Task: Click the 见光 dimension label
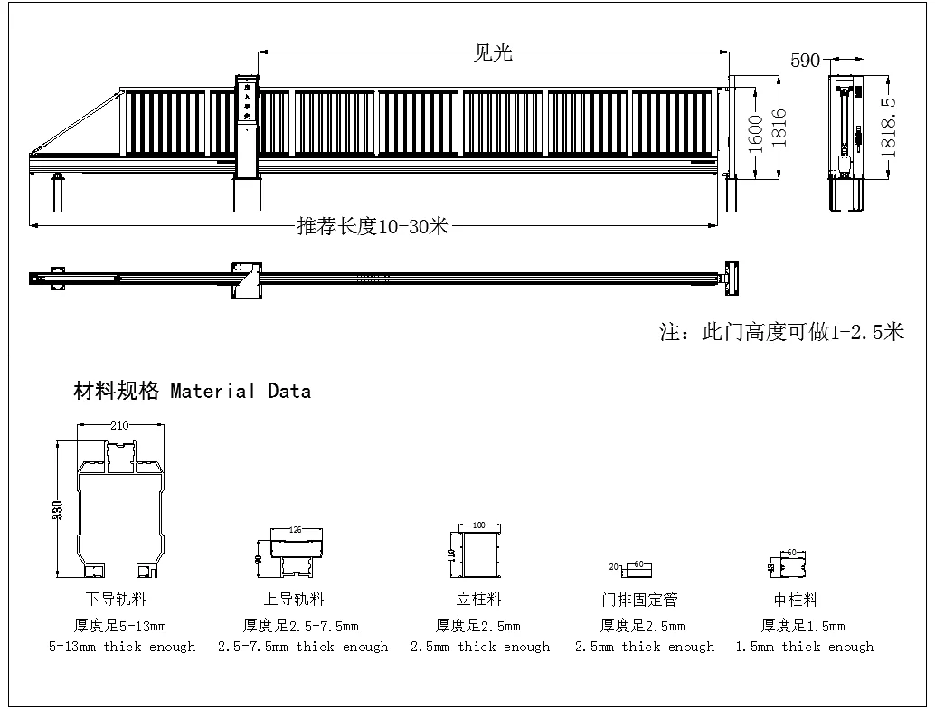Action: pyautogui.click(x=493, y=52)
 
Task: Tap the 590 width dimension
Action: pyautogui.click(x=805, y=61)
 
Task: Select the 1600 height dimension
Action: pyautogui.click(x=758, y=132)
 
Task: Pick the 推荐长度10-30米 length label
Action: pyautogui.click(x=373, y=226)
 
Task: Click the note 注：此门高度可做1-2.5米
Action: pyautogui.click(x=781, y=332)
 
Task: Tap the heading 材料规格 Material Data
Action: pyautogui.click(x=192, y=392)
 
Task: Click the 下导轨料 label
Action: pyautogui.click(x=116, y=599)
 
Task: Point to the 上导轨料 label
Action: pyautogui.click(x=294, y=599)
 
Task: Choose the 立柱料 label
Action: pyautogui.click(x=478, y=599)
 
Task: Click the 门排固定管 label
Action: pyautogui.click(x=639, y=600)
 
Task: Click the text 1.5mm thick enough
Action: pyautogui.click(x=804, y=647)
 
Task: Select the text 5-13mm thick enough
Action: pyautogui.click(x=121, y=647)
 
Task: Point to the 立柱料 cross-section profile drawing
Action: pyautogui.click(x=480, y=554)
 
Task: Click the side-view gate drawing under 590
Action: pyautogui.click(x=846, y=142)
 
